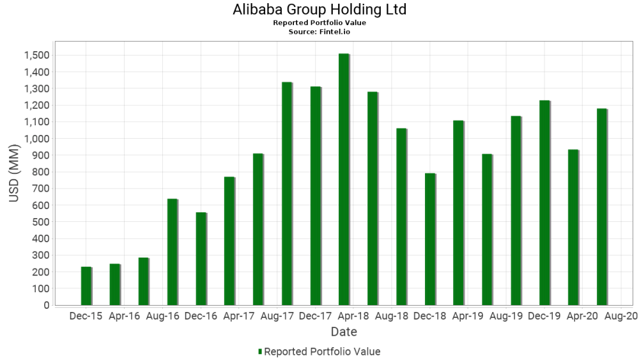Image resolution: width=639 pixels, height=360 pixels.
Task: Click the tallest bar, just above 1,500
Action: click(344, 179)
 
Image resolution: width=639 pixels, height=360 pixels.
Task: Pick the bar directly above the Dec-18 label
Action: click(430, 239)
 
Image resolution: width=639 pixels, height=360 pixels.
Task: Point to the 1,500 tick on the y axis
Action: click(36, 55)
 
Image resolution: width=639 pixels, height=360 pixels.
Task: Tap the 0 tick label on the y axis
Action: click(47, 305)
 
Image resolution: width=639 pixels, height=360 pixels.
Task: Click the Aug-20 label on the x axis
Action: click(621, 316)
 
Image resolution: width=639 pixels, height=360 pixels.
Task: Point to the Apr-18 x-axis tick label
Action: click(353, 316)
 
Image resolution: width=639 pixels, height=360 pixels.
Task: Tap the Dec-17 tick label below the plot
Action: click(315, 316)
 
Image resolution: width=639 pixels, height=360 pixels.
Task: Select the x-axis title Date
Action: click(344, 332)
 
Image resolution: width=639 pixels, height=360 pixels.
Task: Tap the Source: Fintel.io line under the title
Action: click(319, 31)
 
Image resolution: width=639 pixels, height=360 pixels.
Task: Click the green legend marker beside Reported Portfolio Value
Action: click(259, 352)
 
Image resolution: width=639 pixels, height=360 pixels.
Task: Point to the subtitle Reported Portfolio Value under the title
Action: click(319, 23)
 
